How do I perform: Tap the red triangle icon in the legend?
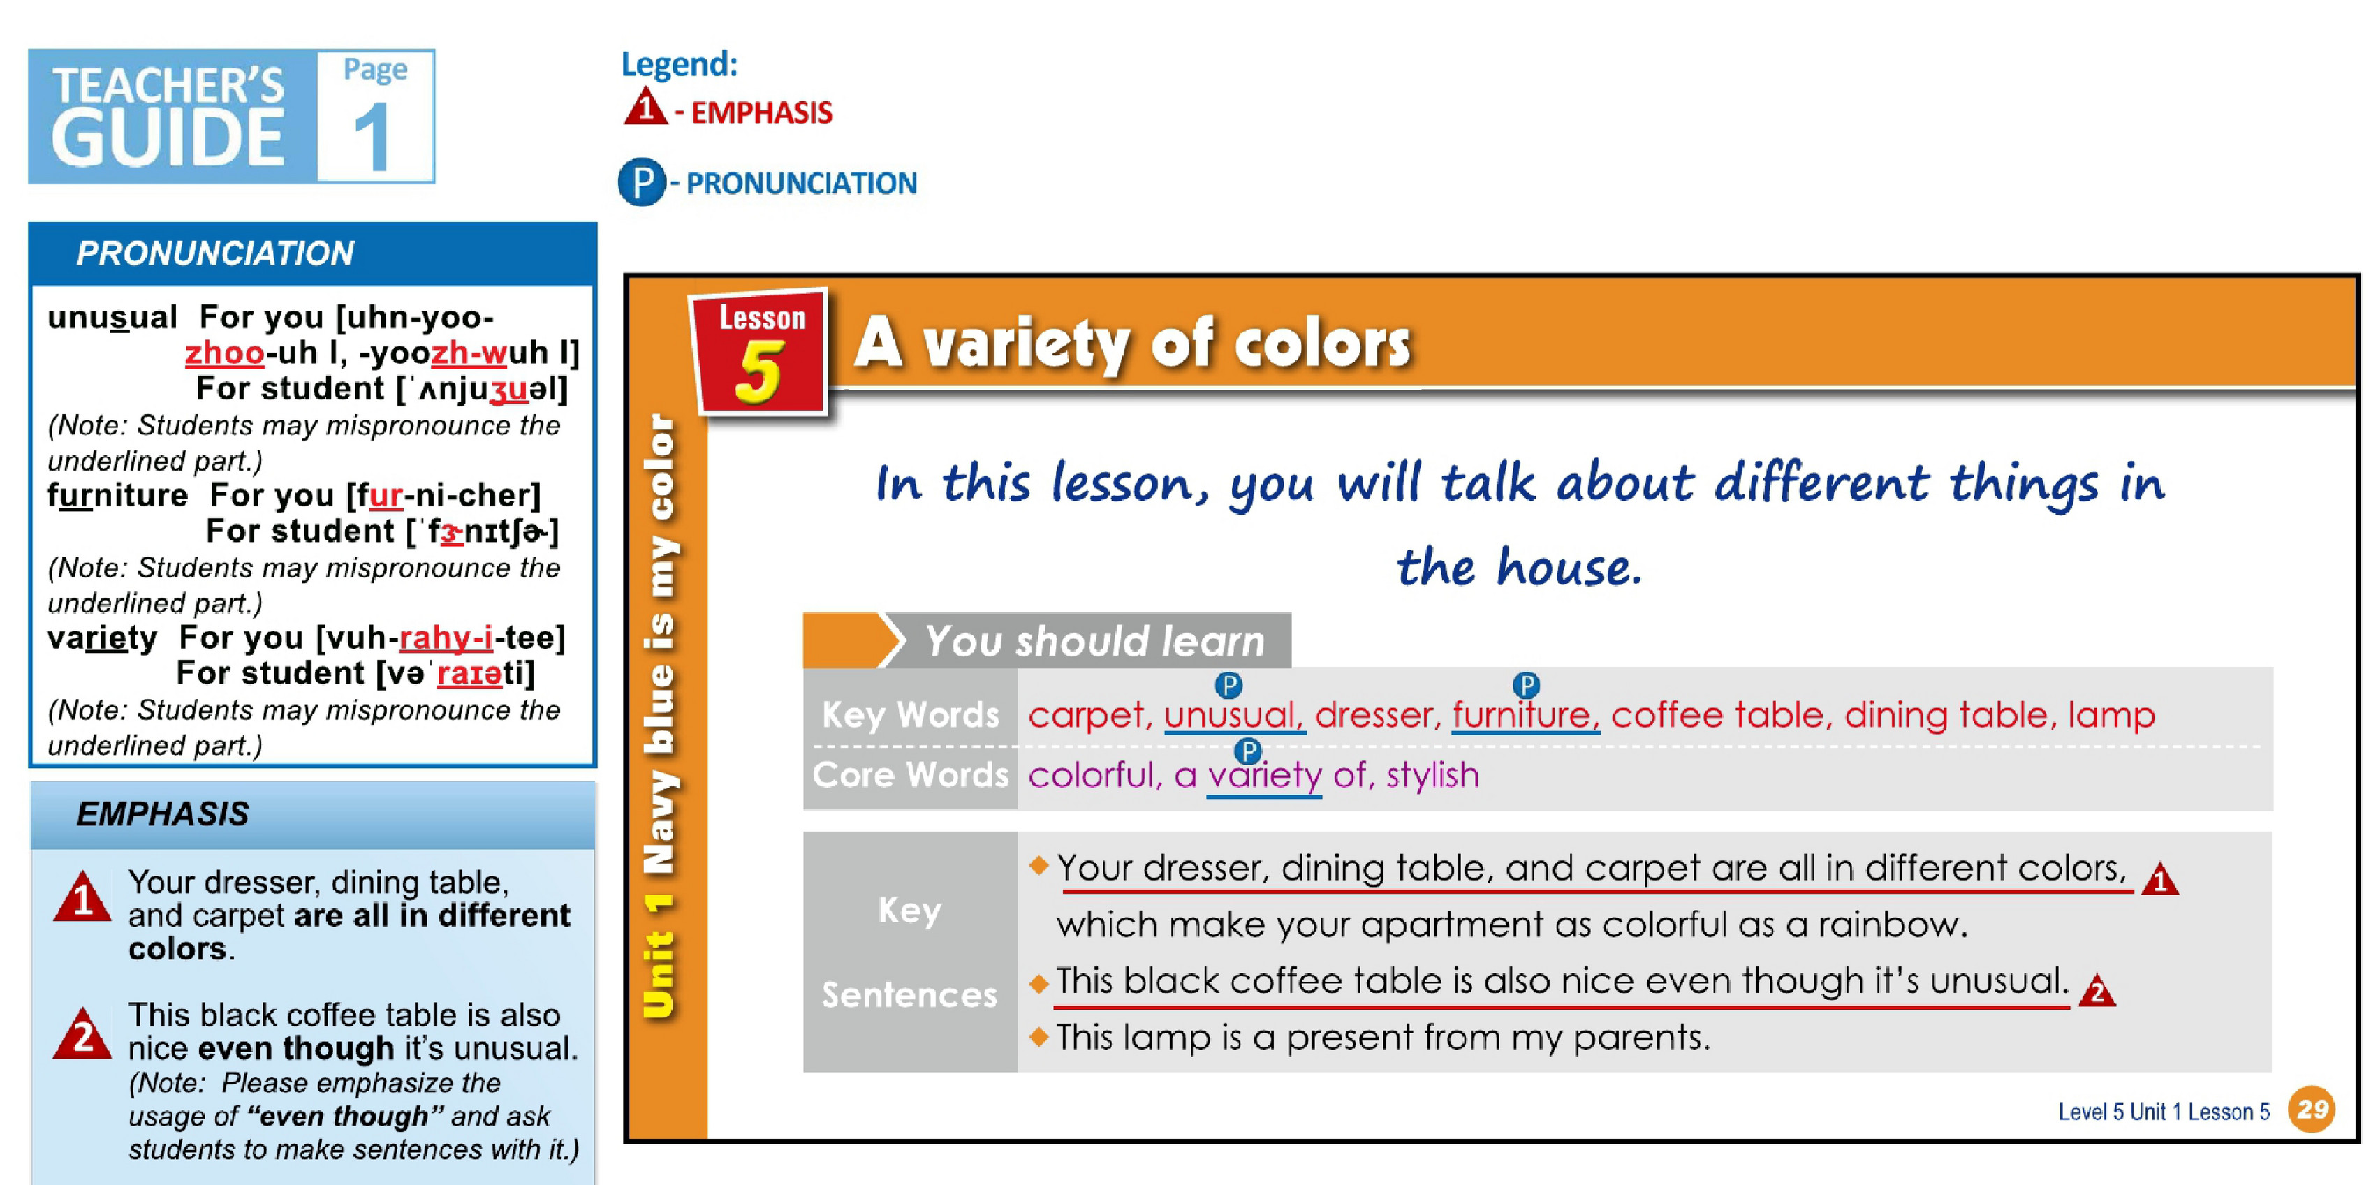click(645, 106)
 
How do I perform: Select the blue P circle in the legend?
click(642, 182)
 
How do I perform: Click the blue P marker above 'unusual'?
click(1228, 686)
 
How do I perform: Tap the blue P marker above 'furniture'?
click(1526, 686)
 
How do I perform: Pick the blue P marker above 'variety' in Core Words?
click(1247, 751)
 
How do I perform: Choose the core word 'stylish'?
click(1433, 776)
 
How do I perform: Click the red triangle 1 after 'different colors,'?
click(2159, 878)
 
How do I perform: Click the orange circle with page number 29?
click(2313, 1109)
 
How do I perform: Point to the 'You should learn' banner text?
click(1095, 641)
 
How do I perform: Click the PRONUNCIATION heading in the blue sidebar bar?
click(215, 253)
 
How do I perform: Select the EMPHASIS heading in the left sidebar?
click(163, 814)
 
